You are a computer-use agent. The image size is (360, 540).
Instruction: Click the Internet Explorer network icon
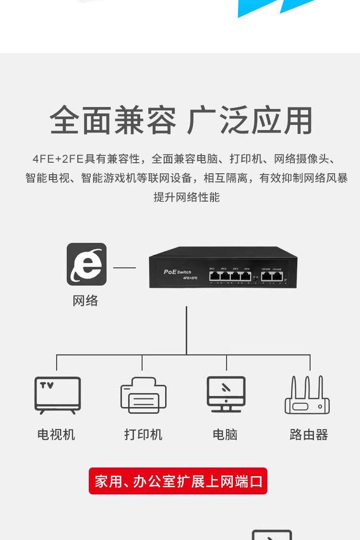[86, 264]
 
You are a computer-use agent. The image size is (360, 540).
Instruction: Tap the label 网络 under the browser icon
[85, 301]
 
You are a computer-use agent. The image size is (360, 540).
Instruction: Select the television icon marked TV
[58, 395]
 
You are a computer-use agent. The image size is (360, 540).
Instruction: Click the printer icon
[143, 395]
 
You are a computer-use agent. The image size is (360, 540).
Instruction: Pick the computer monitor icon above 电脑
[226, 394]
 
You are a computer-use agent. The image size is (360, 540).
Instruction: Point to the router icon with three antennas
[308, 396]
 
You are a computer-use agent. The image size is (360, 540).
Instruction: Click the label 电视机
[56, 435]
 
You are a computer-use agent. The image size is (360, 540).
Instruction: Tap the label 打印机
[143, 435]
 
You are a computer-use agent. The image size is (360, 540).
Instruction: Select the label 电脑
[225, 435]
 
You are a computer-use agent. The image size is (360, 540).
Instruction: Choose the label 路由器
[309, 435]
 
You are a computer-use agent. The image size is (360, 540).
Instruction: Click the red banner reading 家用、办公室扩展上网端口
[178, 481]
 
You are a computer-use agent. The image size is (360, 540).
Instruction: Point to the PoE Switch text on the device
[177, 272]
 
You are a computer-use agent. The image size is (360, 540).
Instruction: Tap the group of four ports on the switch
[230, 276]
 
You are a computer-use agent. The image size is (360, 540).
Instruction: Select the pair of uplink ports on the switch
[271, 276]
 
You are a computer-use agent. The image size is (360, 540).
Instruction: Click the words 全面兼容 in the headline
[113, 120]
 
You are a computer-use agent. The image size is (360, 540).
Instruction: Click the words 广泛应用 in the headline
[250, 120]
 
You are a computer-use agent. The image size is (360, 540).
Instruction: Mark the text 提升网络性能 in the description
[186, 197]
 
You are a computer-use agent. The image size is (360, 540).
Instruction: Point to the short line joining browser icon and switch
[124, 267]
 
